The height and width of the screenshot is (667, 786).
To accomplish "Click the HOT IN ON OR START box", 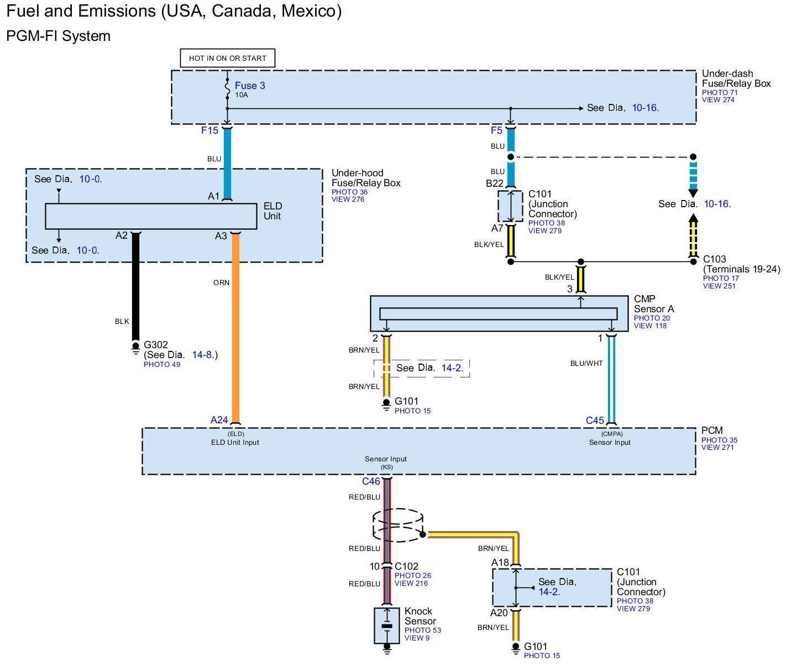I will [227, 58].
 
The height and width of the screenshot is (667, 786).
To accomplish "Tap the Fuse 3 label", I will [250, 86].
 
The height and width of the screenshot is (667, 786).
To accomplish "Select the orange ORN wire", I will [235, 332].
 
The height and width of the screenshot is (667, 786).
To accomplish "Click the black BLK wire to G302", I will [136, 287].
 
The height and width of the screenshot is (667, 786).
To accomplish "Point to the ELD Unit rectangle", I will [151, 216].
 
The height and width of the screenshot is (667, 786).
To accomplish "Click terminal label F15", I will [209, 130].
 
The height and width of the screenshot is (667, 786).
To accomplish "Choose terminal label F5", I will [496, 130].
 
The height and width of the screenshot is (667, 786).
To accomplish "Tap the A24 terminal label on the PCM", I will [219, 420].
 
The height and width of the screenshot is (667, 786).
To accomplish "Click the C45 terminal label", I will [595, 421].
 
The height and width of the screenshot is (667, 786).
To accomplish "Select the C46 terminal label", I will [371, 481].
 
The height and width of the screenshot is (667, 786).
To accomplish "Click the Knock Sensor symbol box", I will [387, 626].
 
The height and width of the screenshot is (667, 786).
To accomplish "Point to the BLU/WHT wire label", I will [586, 363].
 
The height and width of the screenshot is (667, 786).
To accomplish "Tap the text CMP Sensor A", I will [653, 304].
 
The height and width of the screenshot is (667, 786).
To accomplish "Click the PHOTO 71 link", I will [720, 92].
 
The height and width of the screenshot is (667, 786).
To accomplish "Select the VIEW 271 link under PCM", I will [717, 448].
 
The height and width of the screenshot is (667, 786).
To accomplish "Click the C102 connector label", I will [406, 566].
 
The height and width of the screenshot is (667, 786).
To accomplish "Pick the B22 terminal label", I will [495, 183].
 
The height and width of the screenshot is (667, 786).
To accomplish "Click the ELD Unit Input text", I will [235, 442].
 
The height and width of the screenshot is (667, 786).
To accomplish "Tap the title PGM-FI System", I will [58, 36].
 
